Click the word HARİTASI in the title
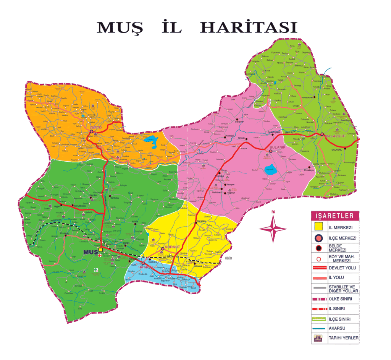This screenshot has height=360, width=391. click(x=249, y=28)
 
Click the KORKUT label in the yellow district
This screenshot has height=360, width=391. click(x=172, y=247)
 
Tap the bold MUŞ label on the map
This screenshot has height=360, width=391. click(x=90, y=252)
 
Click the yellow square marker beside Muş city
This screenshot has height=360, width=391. click(x=100, y=250)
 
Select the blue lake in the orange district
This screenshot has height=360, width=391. click(x=152, y=141)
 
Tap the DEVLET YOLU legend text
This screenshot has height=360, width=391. click(x=342, y=268)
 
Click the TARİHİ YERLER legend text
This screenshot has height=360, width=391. click(x=344, y=338)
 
